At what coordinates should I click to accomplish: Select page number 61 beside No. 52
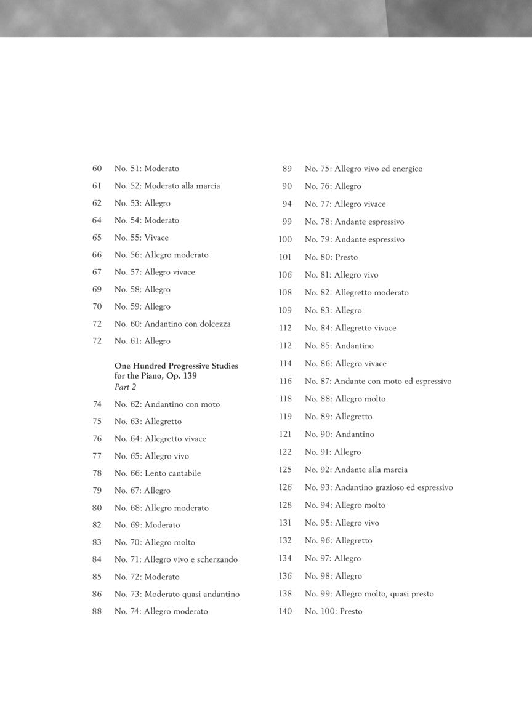tap(97, 186)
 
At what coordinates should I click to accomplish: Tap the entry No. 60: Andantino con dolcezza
tap(172, 324)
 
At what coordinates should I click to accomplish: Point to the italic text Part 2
tap(125, 387)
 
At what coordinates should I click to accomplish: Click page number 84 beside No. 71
tap(97, 559)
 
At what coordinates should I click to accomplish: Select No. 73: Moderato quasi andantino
tap(177, 594)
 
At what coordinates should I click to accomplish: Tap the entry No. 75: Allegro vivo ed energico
tap(363, 169)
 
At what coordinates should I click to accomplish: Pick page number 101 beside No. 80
tap(285, 257)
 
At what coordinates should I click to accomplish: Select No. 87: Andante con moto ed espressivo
tap(378, 382)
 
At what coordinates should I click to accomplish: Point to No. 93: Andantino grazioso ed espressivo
tap(379, 487)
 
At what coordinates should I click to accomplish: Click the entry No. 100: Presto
tap(333, 612)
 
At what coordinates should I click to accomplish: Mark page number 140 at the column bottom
tap(285, 612)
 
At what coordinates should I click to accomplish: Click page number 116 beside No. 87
tap(285, 382)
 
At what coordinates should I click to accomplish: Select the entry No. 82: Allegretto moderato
tap(357, 293)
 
